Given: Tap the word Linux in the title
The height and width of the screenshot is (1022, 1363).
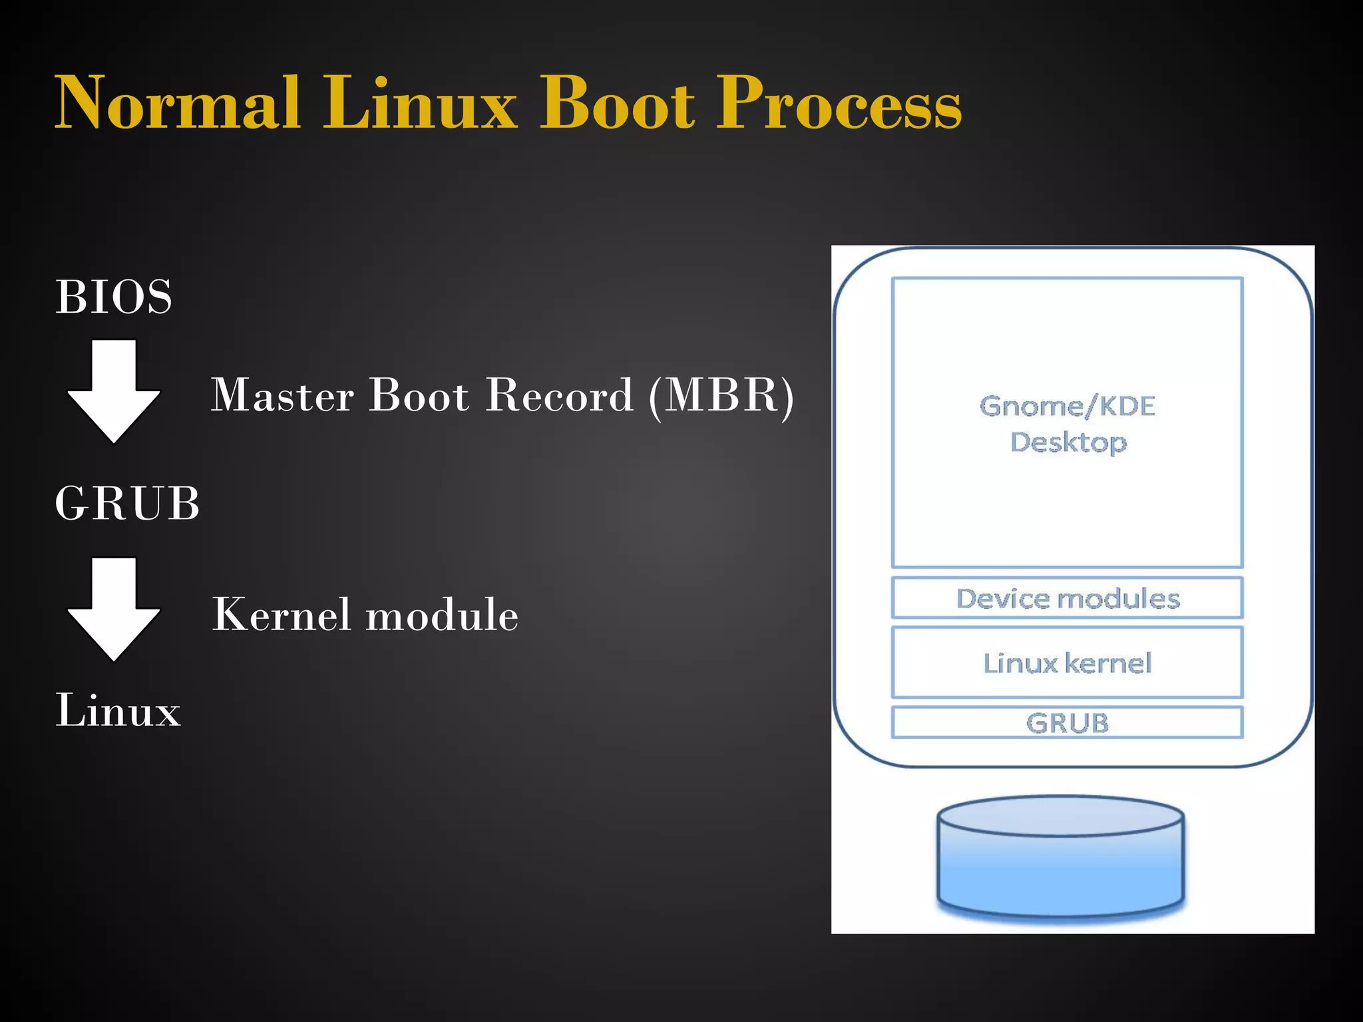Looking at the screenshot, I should click(419, 104).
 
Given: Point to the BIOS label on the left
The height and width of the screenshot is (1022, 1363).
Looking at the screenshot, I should click(114, 297).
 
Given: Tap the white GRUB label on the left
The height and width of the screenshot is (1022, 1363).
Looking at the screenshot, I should click(127, 504).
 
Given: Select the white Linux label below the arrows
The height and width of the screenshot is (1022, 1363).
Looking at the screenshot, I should click(118, 710).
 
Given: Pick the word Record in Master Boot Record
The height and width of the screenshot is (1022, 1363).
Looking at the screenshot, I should click(559, 396).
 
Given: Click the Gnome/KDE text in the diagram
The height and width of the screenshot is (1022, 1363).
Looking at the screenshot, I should click(1067, 407).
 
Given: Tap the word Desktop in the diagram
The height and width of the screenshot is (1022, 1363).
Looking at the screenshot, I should click(1068, 442).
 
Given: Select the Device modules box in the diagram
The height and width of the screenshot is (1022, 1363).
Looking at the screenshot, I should click(1067, 598).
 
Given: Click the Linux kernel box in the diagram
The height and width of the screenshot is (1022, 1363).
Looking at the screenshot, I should click(1067, 663).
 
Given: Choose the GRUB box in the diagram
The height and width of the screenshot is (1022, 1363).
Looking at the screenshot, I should click(1067, 723).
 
